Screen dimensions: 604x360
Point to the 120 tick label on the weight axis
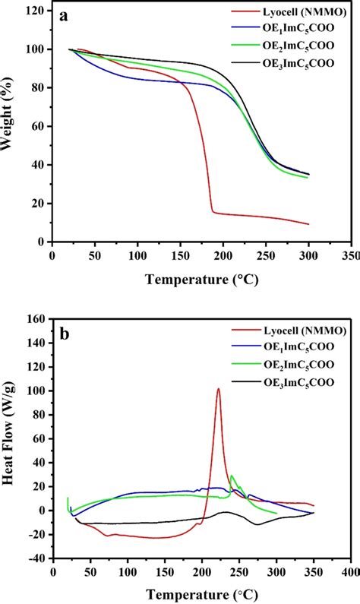34,11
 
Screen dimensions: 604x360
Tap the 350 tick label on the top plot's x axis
349,257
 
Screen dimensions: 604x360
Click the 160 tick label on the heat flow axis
34,319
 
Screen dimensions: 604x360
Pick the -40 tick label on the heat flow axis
34,558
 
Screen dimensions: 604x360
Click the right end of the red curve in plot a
308,224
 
